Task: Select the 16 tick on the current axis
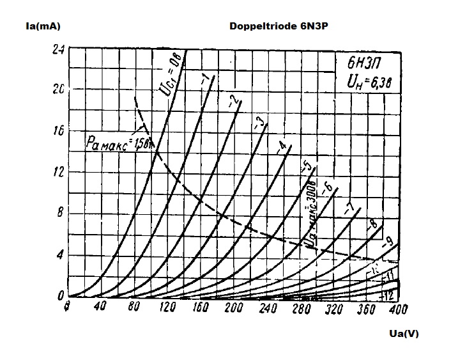(59, 131)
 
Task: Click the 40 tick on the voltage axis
(99, 308)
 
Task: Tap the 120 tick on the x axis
(167, 308)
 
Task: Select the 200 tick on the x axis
(234, 308)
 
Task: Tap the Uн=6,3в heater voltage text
(367, 81)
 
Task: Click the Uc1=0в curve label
(169, 75)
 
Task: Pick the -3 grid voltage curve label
(258, 121)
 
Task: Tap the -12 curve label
(386, 295)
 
